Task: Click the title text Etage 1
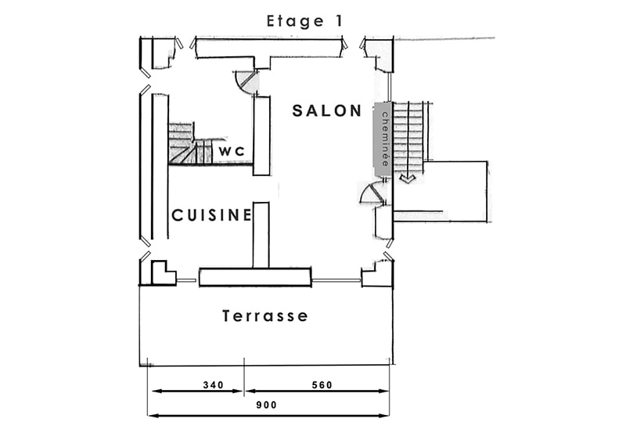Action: point(304,21)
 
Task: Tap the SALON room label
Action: point(327,110)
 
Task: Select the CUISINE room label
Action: point(211,215)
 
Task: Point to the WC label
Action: point(232,151)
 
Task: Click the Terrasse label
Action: point(265,316)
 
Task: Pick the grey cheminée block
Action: point(383,139)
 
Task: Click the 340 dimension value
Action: point(214,385)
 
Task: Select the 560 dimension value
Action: point(322,385)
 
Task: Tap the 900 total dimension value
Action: point(266,405)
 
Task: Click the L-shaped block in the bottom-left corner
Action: point(163,273)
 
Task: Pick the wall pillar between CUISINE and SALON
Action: point(261,235)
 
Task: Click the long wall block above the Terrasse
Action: point(255,277)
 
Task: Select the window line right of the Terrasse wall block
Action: point(336,280)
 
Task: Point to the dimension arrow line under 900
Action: point(268,416)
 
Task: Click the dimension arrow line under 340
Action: point(198,391)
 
